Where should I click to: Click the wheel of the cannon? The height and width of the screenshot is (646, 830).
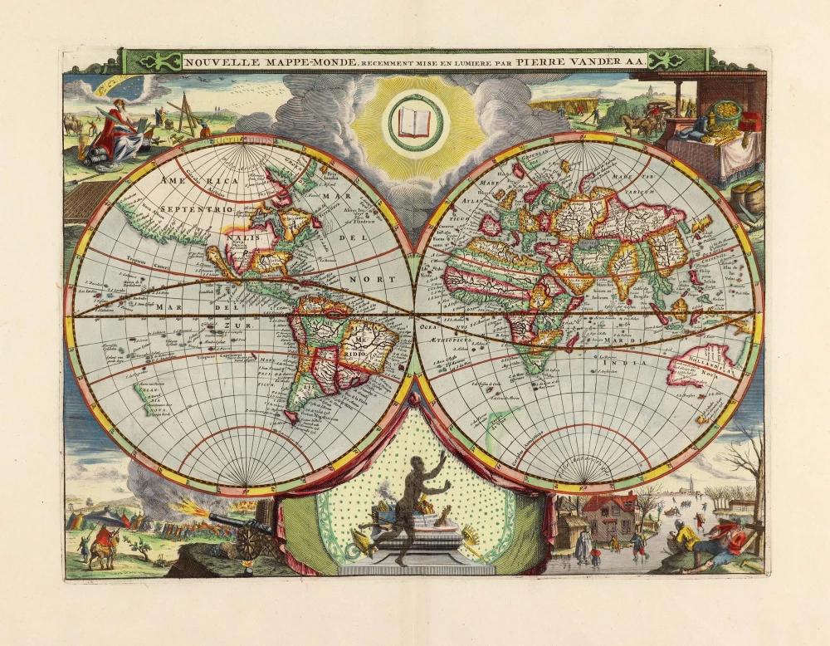pyautogui.click(x=249, y=543)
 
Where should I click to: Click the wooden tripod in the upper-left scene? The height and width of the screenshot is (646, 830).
pyautogui.click(x=185, y=115)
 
